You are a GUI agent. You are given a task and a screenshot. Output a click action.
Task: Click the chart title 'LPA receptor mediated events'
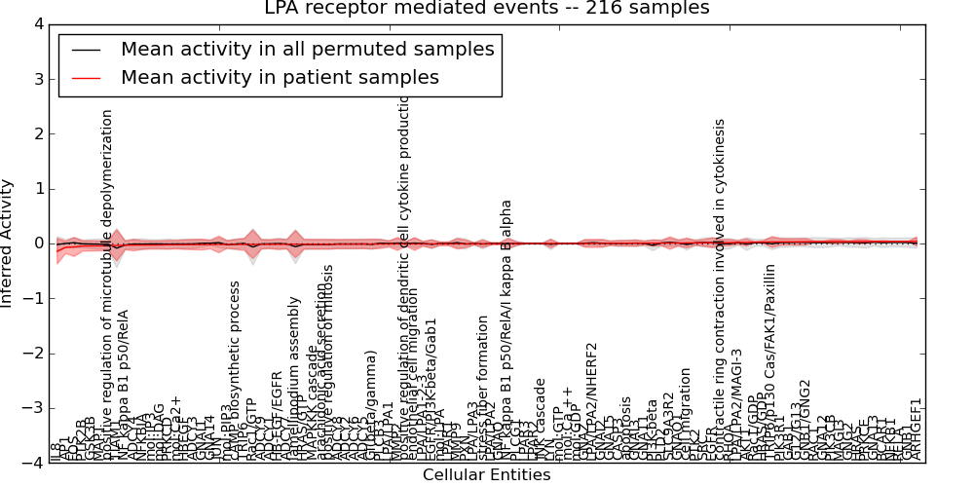(487, 9)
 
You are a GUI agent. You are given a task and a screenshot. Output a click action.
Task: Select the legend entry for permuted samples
(307, 49)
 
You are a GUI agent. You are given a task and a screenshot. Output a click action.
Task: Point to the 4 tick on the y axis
(42, 23)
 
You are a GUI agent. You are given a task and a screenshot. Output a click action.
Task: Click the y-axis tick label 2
(42, 133)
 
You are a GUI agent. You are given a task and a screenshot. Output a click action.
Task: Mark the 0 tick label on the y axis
(42, 243)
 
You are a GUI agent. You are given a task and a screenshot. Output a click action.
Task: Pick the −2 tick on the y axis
(38, 354)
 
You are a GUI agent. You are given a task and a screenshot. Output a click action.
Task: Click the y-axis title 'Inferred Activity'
(9, 243)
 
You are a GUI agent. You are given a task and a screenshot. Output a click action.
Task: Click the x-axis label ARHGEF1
(916, 430)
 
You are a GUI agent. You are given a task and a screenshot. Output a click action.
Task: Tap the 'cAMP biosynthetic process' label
(235, 371)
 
